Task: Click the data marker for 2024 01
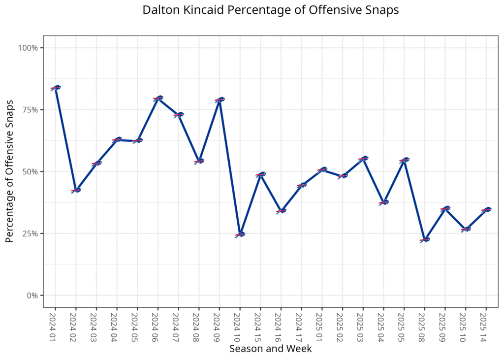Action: [55, 88]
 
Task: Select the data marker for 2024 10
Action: [240, 234]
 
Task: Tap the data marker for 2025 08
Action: [424, 240]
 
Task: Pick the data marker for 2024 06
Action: [157, 98]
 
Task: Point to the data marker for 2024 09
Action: [220, 100]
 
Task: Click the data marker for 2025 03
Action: [363, 159]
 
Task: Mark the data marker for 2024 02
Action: [76, 190]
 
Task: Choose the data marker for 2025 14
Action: [486, 210]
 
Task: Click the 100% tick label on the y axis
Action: [28, 48]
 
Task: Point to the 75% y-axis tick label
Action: [30, 110]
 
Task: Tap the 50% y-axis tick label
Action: [30, 172]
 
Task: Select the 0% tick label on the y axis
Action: [32, 295]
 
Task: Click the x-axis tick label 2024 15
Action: [260, 326]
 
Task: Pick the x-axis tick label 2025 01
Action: [321, 326]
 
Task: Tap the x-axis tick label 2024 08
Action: [198, 326]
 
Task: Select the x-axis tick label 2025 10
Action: [465, 326]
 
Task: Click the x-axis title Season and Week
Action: [270, 349]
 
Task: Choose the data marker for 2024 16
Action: [281, 211]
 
